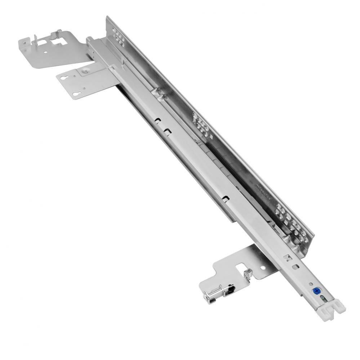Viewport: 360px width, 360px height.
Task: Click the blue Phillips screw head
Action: (x=317, y=291)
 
